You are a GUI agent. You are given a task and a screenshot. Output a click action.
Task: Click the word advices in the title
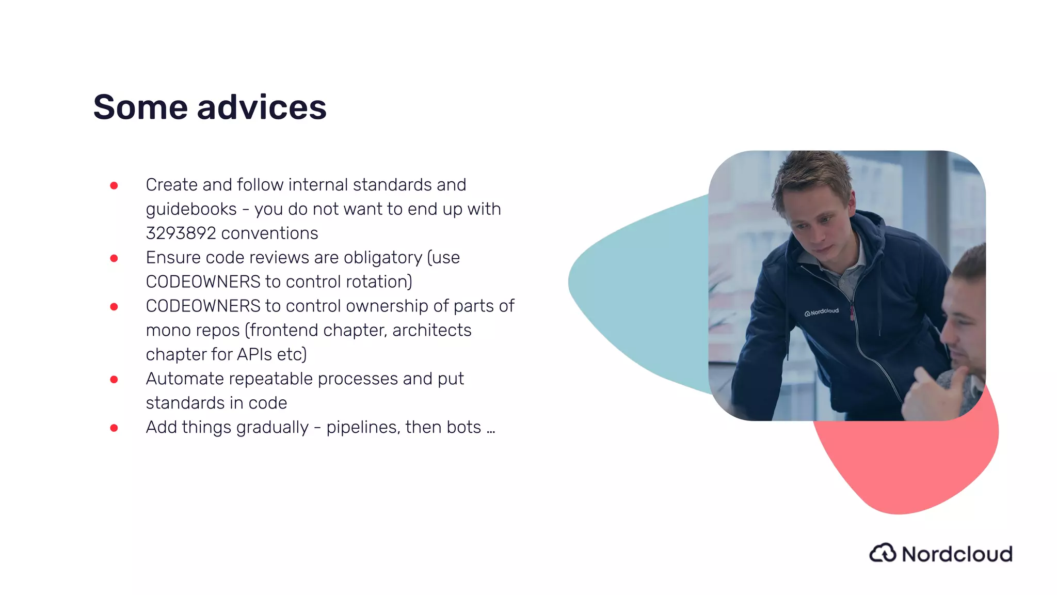coord(262,107)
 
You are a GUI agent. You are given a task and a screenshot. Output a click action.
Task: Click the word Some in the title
coord(140,107)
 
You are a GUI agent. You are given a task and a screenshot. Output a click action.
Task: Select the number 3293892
coord(181,233)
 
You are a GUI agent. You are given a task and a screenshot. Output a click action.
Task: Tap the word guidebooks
coord(191,209)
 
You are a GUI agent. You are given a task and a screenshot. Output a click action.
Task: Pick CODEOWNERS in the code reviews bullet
coord(203,282)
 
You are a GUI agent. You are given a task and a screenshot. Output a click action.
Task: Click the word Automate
coord(184,379)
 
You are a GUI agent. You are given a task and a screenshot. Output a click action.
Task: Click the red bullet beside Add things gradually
coord(114,428)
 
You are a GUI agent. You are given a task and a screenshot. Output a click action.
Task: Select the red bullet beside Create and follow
coord(114,185)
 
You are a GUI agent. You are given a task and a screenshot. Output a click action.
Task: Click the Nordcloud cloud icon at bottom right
coord(883,553)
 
